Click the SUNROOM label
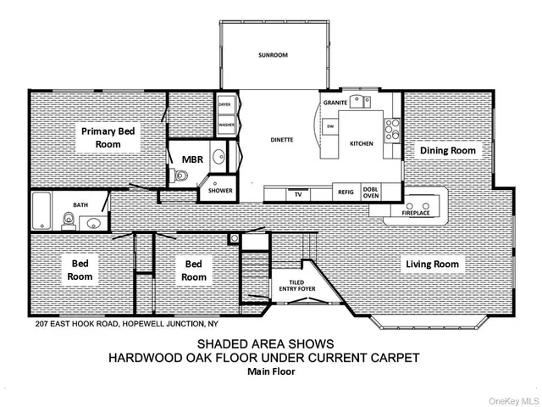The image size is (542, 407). click(x=274, y=55)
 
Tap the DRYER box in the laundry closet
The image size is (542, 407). click(x=225, y=105)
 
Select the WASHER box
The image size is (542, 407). click(x=225, y=125)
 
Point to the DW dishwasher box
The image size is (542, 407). click(x=331, y=126)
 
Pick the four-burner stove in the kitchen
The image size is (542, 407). click(x=392, y=129)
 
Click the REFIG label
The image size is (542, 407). click(x=346, y=193)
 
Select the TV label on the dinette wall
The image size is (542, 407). click(x=298, y=194)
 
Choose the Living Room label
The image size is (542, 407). click(x=431, y=264)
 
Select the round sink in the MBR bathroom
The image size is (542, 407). click(x=218, y=157)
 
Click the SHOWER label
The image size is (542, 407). click(x=220, y=191)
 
